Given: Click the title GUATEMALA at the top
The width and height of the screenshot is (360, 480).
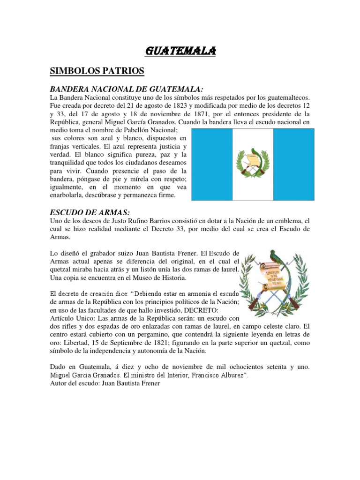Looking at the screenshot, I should coord(180,51).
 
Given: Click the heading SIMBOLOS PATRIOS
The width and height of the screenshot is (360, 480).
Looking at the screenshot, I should coord(97,71).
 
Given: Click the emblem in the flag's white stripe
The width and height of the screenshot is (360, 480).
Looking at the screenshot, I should coord(253,163).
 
